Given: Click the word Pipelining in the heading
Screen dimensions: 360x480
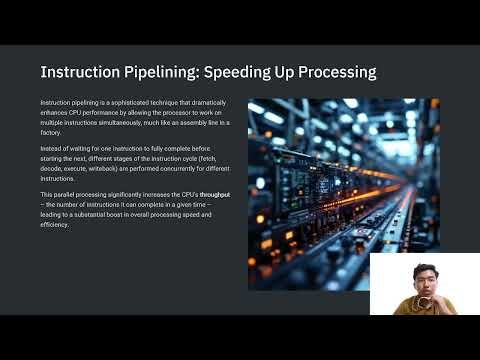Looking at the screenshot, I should point(147,73).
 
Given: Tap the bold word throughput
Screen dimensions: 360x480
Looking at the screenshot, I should point(214,193).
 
